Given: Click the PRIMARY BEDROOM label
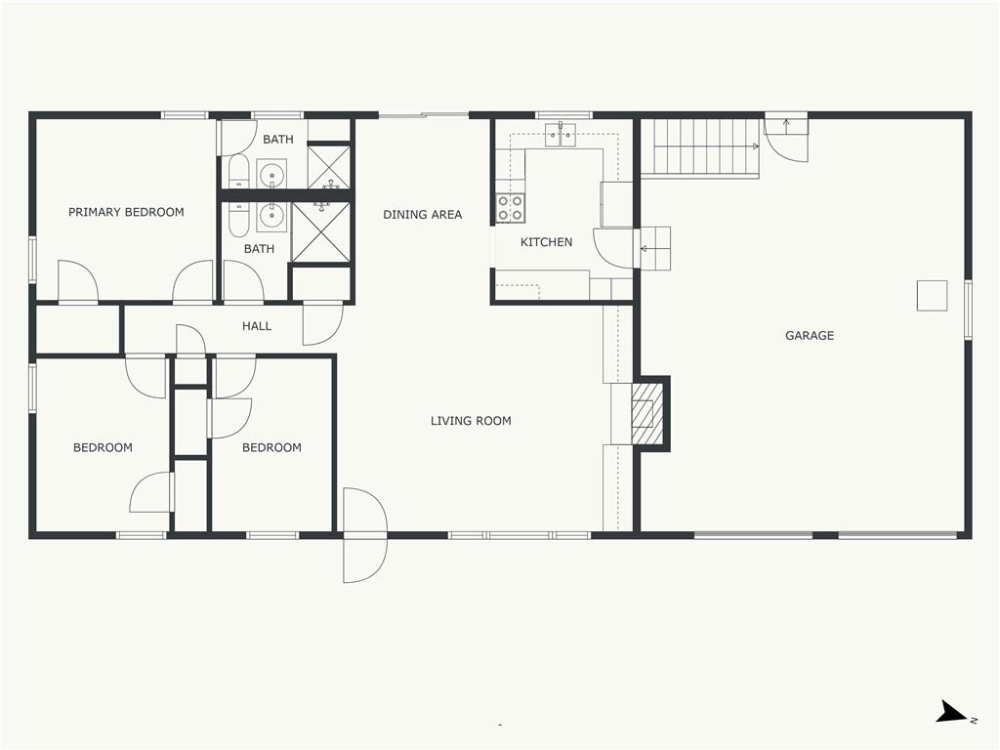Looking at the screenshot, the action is (126, 212).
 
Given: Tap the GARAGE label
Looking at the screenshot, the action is (810, 336).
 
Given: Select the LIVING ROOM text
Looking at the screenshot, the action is (471, 421).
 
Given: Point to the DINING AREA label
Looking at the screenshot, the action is (422, 215).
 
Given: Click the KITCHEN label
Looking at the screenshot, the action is (547, 242).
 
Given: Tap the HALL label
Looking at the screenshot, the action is (257, 326).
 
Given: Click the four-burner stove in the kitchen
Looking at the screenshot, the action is (510, 208).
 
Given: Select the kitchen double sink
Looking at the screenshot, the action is (561, 135).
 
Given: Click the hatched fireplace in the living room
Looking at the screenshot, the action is (648, 413).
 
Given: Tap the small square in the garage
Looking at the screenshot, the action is (932, 295).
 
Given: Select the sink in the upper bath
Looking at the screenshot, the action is (271, 174).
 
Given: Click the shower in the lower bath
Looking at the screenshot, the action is (320, 232).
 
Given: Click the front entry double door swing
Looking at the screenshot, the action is (365, 536).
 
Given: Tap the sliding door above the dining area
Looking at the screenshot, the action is (424, 115).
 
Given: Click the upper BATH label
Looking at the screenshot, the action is (278, 139).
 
